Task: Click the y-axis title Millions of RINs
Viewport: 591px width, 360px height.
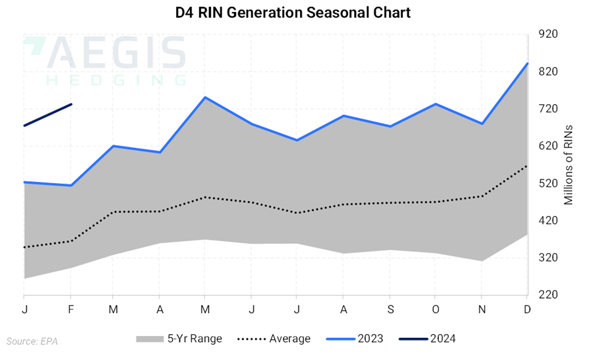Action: click(568, 164)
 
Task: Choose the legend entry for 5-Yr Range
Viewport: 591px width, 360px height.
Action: click(179, 339)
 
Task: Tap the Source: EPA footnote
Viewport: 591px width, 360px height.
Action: click(31, 342)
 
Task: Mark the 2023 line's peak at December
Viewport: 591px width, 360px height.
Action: click(527, 63)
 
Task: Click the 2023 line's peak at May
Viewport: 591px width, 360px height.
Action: click(205, 97)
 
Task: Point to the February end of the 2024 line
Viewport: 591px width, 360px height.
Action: click(71, 104)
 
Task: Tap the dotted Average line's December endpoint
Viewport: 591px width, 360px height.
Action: click(527, 165)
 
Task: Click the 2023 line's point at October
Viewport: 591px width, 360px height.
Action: click(435, 104)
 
